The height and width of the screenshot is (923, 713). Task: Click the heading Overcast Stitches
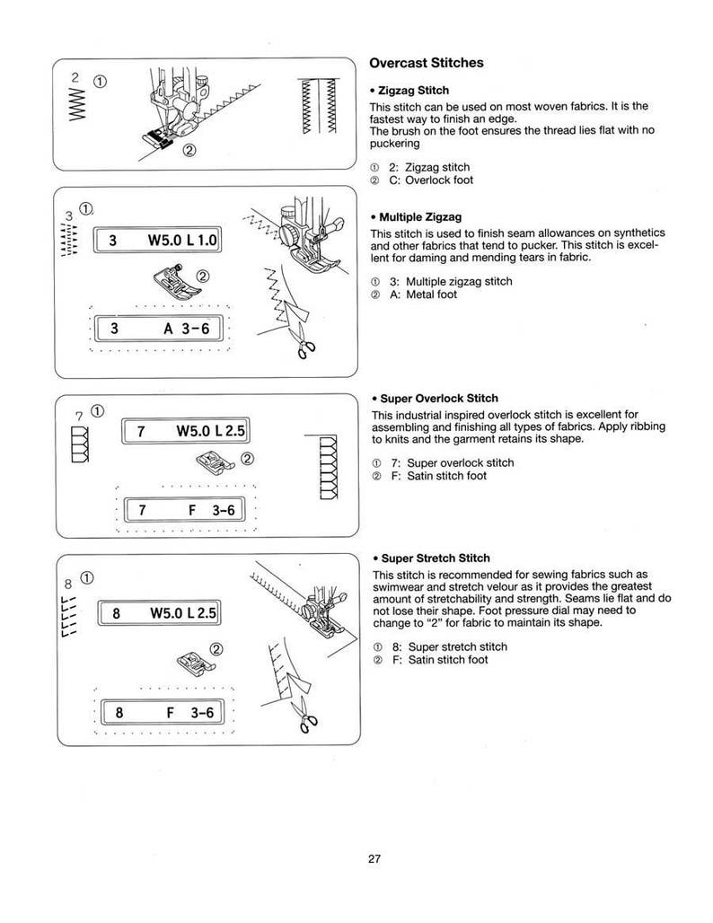point(427,63)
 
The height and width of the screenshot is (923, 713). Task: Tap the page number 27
point(374,858)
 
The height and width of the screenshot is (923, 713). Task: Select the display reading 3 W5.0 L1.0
point(162,241)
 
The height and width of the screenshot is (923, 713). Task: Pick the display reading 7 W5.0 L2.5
point(184,432)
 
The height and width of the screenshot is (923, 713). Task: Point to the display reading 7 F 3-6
point(184,511)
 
